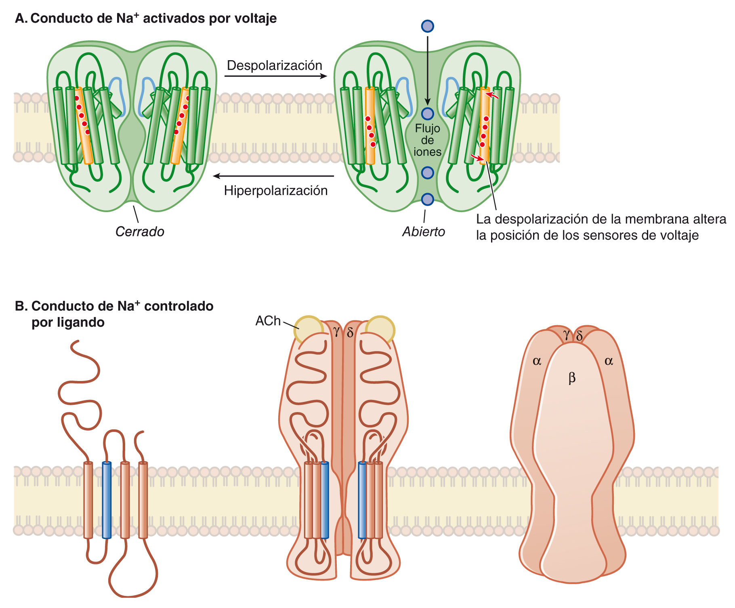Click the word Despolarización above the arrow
[275, 65]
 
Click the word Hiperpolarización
[275, 191]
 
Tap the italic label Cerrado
[140, 231]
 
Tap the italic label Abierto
[423, 231]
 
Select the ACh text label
[268, 321]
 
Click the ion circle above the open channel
[427, 26]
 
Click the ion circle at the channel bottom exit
[427, 199]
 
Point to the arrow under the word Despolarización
[275, 76]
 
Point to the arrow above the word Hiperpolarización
[273, 176]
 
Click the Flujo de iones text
[427, 140]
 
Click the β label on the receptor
[571, 378]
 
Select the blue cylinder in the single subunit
[107, 500]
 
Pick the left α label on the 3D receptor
[537, 361]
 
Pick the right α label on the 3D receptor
[609, 361]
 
